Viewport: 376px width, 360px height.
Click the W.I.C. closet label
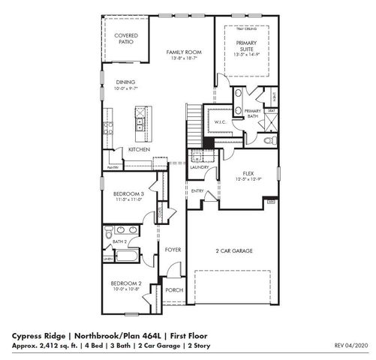(221, 122)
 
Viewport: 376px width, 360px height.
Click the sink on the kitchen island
(139, 122)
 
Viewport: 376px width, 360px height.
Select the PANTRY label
(113, 168)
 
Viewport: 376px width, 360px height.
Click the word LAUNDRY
(199, 167)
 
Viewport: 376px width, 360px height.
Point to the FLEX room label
(248, 172)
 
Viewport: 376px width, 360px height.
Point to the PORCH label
(173, 289)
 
